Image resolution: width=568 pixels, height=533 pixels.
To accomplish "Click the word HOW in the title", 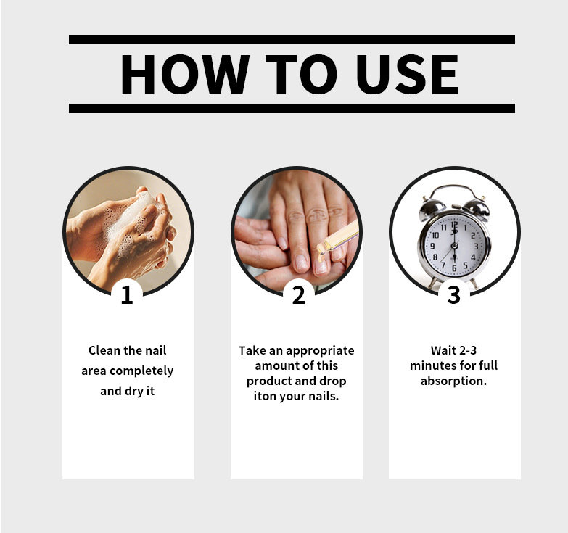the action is coord(185,74).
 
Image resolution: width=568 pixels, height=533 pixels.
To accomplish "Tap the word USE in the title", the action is coord(408,74).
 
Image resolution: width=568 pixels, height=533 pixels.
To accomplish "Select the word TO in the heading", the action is coord(301,74).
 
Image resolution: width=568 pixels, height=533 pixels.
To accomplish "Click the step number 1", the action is coord(127,295).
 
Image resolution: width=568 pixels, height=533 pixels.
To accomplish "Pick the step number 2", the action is coord(299,295).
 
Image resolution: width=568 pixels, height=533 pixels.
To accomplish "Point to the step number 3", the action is coord(453,295).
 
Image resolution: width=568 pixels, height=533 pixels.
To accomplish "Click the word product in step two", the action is coord(269,381).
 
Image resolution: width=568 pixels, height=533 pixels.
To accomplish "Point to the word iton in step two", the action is coord(265,396).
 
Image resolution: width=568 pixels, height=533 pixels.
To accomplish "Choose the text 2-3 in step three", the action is coord(468,350).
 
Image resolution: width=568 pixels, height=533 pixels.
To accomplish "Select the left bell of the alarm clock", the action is coord(432,210).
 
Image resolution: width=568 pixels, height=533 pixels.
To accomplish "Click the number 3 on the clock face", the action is coord(476,247).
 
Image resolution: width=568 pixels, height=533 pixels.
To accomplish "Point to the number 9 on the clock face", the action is coord(432,247).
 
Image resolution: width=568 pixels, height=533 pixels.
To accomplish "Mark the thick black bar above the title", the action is coord(292,39).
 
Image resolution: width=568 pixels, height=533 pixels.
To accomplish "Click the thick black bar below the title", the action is coord(292,108).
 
